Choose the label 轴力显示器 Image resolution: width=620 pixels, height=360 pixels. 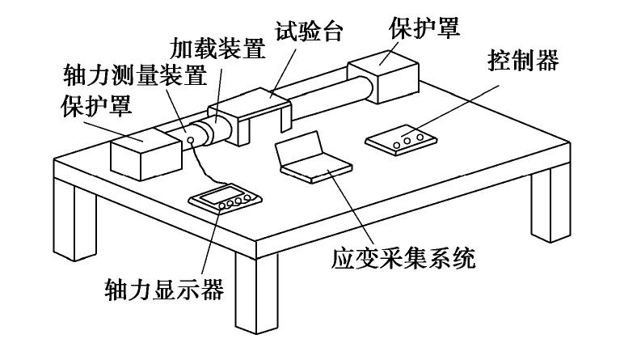[x=162, y=289]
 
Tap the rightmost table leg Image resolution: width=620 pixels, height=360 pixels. [x=550, y=198]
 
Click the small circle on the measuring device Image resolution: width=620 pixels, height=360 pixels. [x=191, y=141]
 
